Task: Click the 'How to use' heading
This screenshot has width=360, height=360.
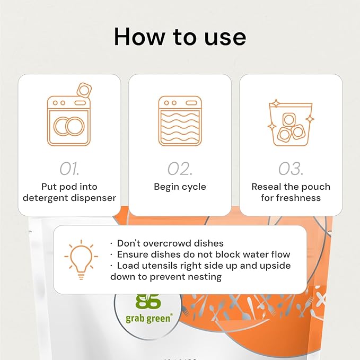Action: click(180, 37)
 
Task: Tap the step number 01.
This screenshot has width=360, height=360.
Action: click(69, 168)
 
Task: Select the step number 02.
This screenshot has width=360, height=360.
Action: click(180, 168)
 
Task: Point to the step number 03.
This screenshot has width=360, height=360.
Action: click(291, 168)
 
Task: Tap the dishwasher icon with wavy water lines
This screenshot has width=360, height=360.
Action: click(180, 121)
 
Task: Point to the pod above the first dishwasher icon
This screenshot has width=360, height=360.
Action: click(83, 89)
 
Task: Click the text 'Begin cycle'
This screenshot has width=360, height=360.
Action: click(180, 187)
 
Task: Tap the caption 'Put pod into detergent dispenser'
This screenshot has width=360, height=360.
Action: click(69, 192)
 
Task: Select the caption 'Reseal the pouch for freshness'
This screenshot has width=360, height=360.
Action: click(291, 192)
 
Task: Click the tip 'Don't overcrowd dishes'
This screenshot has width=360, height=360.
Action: click(166, 243)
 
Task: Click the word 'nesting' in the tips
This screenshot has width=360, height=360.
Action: click(204, 276)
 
